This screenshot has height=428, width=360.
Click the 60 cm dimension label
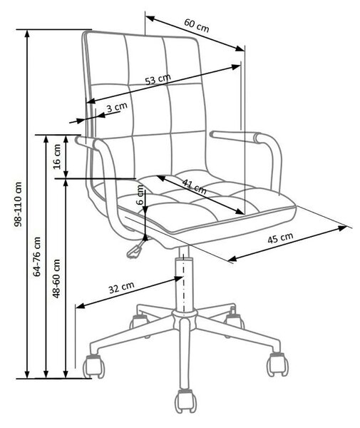(196, 26)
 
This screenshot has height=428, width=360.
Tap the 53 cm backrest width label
(158, 79)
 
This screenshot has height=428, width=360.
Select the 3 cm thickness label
(117, 107)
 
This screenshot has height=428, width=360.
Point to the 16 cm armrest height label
(57, 156)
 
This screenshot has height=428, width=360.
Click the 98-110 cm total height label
(18, 204)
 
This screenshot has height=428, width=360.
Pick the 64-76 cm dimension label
(37, 257)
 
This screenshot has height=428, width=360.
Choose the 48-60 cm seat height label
(56, 278)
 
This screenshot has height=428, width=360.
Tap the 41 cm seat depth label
(194, 186)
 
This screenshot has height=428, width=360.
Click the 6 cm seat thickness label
(140, 195)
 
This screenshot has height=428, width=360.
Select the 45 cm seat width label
(280, 238)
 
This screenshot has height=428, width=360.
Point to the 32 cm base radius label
(122, 287)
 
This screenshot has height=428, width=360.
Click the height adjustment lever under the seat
(136, 248)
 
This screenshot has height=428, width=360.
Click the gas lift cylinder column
(185, 284)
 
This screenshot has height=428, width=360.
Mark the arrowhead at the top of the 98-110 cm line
(27, 34)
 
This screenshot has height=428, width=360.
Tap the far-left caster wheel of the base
(93, 367)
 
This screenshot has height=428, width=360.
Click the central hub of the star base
(185, 317)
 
